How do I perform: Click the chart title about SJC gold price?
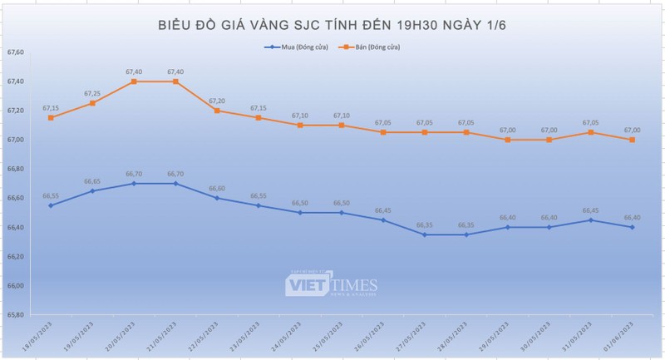tap(332, 26)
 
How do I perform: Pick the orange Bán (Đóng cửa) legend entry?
tap(369, 47)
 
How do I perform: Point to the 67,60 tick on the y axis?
tap(15, 52)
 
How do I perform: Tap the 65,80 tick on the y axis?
tap(15, 315)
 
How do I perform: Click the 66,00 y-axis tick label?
tap(15, 286)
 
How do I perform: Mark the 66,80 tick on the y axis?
tap(15, 170)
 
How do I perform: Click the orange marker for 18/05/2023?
tap(51, 118)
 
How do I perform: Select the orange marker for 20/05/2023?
tap(134, 81)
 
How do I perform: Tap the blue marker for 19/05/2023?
tap(92, 190)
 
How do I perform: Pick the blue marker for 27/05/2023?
tap(425, 234)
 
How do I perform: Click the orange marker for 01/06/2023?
tap(632, 140)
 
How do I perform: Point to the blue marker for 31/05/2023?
tap(590, 219)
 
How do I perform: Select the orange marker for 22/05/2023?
tap(217, 111)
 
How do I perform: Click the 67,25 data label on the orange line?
tap(92, 94)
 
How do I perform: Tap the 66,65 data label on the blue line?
tap(92, 181)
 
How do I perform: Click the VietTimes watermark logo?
tap(332, 284)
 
